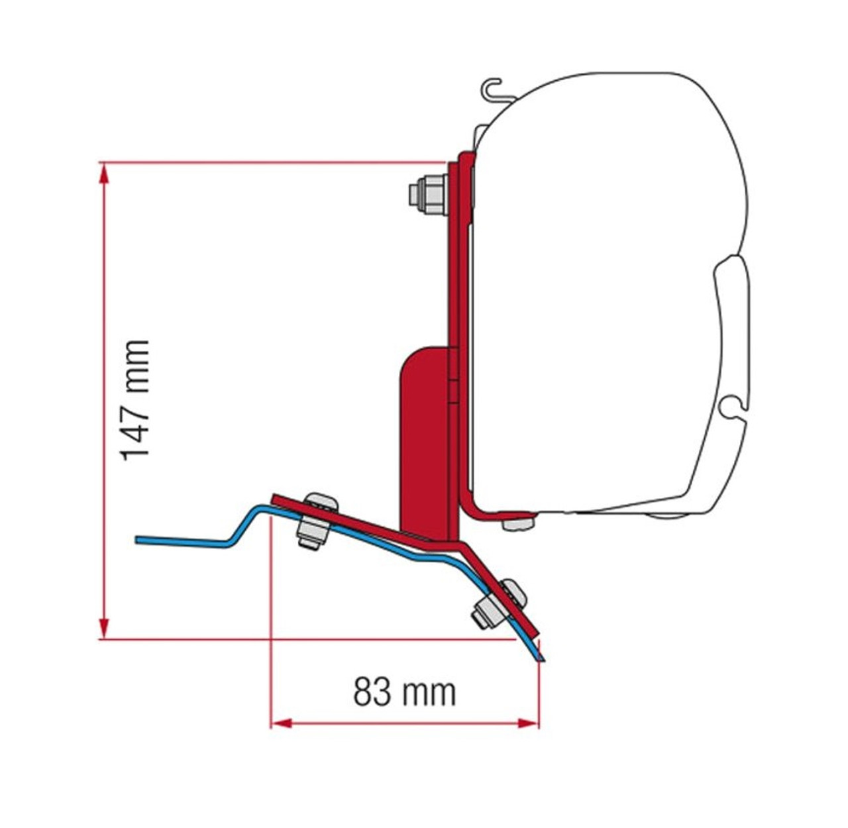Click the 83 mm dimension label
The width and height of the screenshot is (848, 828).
[404, 692]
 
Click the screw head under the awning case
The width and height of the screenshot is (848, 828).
[518, 523]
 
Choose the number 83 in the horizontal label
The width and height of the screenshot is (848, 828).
[370, 692]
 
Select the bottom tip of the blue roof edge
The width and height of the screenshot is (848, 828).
[541, 659]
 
